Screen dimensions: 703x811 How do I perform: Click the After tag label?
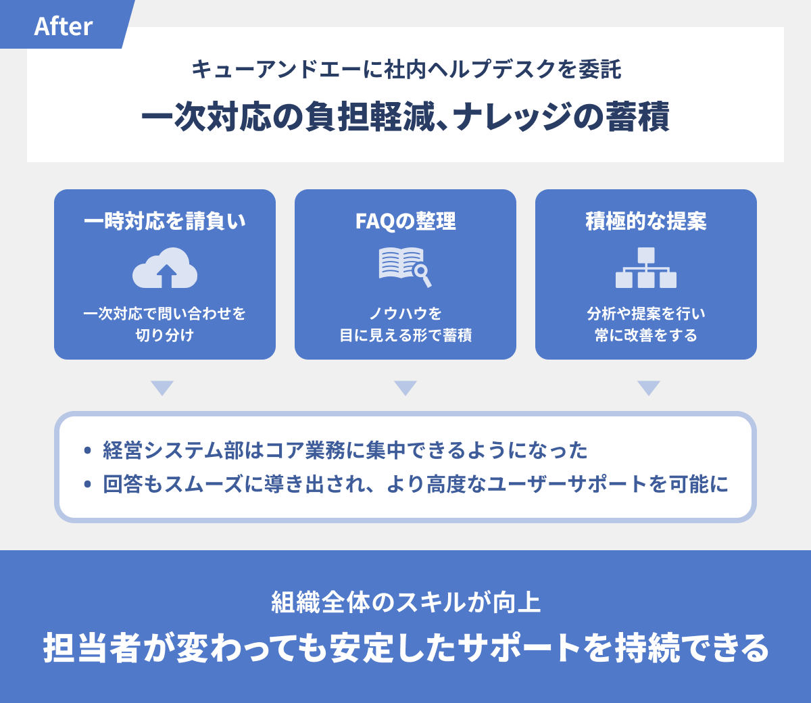63,26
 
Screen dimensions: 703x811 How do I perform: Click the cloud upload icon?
165,268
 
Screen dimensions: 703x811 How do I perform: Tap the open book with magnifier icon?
405,266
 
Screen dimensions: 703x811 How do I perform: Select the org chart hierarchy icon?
646,268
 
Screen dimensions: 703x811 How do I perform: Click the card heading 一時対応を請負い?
165,221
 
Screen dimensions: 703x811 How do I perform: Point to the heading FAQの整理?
405,221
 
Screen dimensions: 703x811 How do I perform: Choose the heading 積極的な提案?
646,221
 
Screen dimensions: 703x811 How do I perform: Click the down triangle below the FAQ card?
405,388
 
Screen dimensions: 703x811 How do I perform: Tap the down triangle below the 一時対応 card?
162,388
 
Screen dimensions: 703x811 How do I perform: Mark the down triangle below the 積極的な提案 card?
649,388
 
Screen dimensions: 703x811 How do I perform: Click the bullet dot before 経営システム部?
87,450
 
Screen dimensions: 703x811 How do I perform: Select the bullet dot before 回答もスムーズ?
87,485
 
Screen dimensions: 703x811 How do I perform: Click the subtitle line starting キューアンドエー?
405,69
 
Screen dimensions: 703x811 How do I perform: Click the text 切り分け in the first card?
165,335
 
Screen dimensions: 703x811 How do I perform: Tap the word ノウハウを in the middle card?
405,314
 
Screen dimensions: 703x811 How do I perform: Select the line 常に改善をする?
646,335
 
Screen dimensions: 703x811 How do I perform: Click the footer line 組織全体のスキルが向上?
405,602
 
